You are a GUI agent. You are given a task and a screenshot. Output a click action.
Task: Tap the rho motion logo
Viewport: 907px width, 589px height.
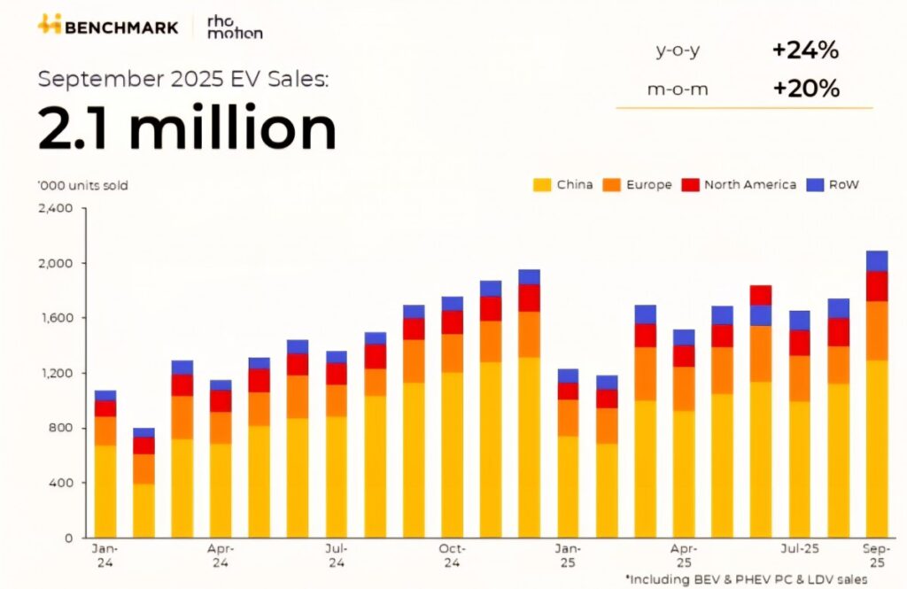click(234, 27)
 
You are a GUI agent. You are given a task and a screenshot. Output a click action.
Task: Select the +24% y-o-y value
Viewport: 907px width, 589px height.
click(804, 50)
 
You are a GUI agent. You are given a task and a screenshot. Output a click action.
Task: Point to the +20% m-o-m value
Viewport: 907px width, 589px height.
click(804, 89)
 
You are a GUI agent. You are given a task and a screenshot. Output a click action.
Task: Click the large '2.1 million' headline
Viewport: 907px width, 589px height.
click(187, 129)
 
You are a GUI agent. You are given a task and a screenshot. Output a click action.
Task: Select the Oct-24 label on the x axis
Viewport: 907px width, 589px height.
click(452, 555)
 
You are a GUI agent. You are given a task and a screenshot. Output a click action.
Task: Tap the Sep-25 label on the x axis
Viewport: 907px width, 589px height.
click(876, 555)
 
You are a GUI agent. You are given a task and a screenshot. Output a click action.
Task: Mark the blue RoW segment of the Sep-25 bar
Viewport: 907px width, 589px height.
click(876, 261)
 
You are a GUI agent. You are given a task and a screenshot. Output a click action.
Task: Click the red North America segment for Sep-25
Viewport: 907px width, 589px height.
click(876, 286)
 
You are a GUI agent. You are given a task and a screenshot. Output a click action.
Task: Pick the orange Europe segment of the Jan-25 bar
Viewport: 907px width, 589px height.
click(568, 417)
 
